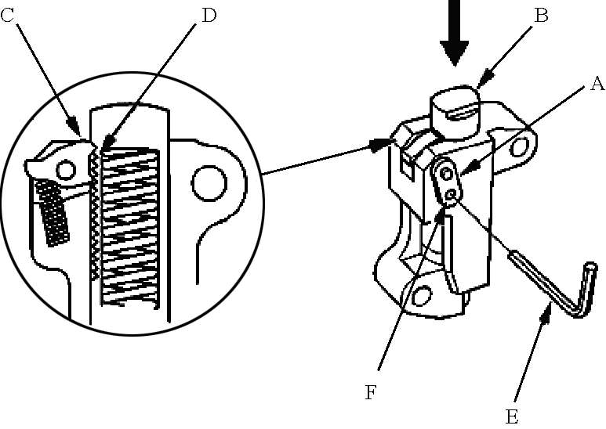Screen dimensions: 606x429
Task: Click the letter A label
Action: (x=597, y=83)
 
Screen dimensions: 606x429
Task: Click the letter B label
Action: (x=541, y=16)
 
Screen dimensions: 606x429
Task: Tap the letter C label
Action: (x=7, y=16)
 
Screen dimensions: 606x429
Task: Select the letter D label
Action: (x=209, y=16)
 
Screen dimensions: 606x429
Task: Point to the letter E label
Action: (x=512, y=417)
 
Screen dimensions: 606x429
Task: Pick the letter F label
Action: (x=370, y=393)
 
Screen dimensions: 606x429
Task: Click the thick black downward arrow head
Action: (x=455, y=52)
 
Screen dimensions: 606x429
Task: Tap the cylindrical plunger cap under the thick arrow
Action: (x=455, y=112)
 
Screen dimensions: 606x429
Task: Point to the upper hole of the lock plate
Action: (x=446, y=174)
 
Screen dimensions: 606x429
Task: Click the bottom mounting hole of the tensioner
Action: (x=421, y=295)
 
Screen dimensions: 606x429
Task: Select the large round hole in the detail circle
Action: (x=209, y=183)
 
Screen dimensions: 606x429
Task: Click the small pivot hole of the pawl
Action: (x=66, y=170)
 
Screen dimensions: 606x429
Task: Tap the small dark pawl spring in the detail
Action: (x=53, y=213)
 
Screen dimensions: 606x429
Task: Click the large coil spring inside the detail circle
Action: (x=129, y=225)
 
